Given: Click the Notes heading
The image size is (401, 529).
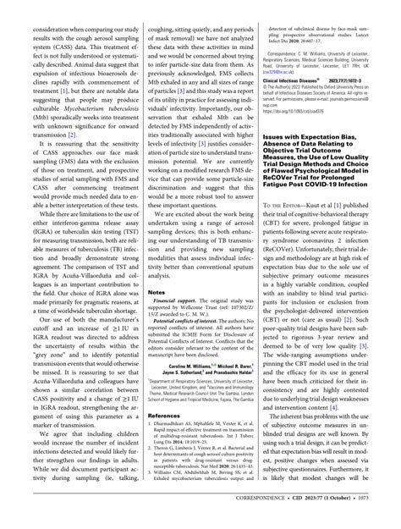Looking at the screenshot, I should [157, 292].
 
